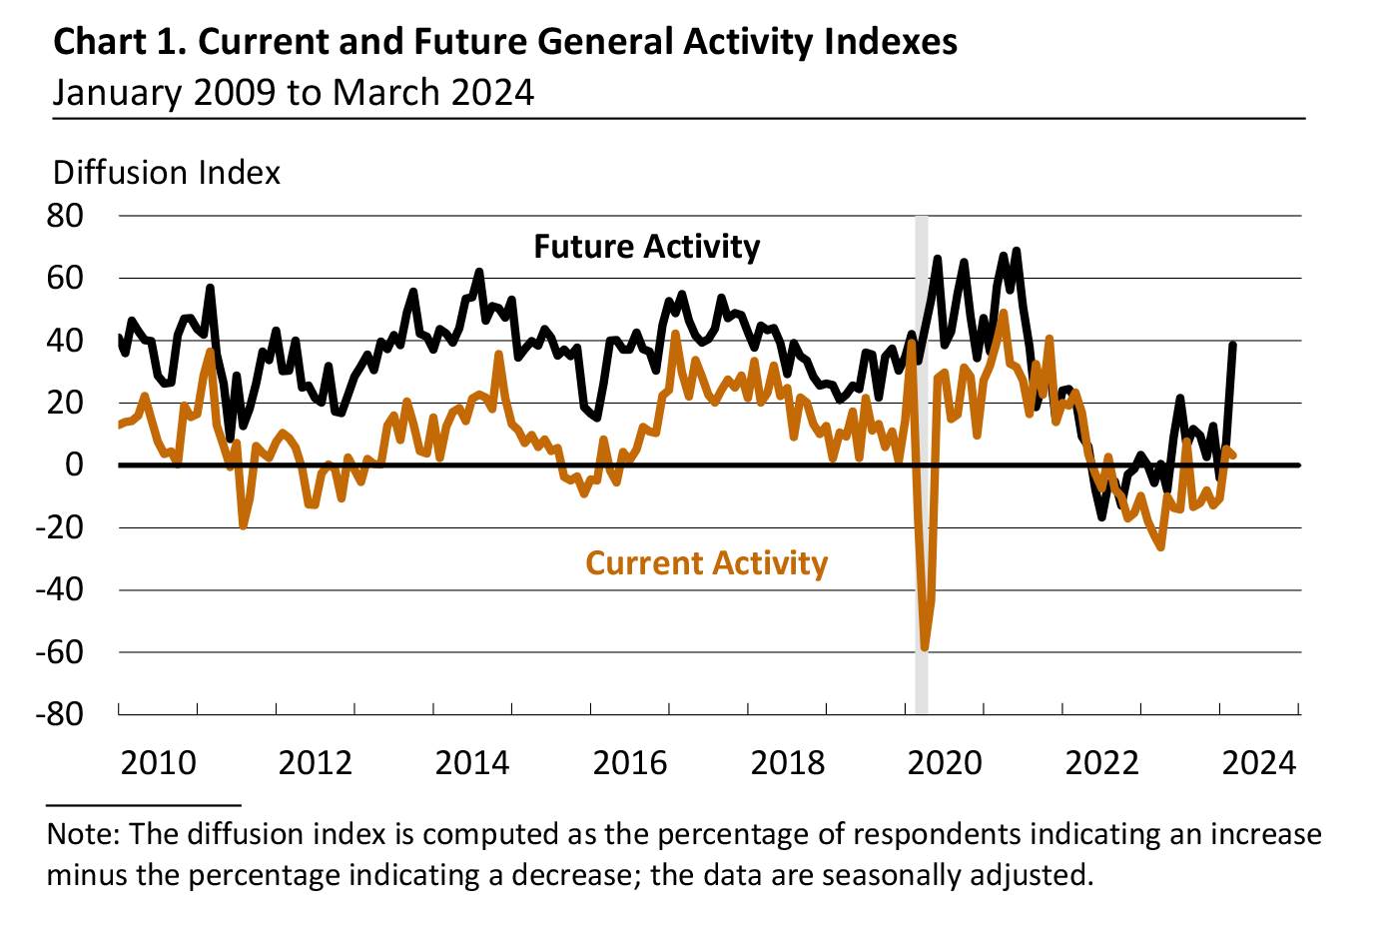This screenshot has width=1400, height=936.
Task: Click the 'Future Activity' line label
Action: [x=646, y=247]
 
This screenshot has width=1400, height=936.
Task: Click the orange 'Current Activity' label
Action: [x=706, y=563]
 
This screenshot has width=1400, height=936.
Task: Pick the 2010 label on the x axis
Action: [x=158, y=763]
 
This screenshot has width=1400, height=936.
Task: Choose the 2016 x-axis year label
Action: [x=630, y=763]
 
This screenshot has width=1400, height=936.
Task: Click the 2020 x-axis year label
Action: [x=945, y=763]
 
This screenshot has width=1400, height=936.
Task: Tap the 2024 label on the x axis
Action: [x=1259, y=763]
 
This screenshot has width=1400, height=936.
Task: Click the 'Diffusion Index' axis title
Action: [x=167, y=173]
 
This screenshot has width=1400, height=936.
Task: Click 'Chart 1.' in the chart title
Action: [x=118, y=42]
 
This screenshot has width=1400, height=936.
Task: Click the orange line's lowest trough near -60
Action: [x=925, y=647]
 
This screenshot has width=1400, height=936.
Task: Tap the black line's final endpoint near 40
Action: [x=1233, y=346]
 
